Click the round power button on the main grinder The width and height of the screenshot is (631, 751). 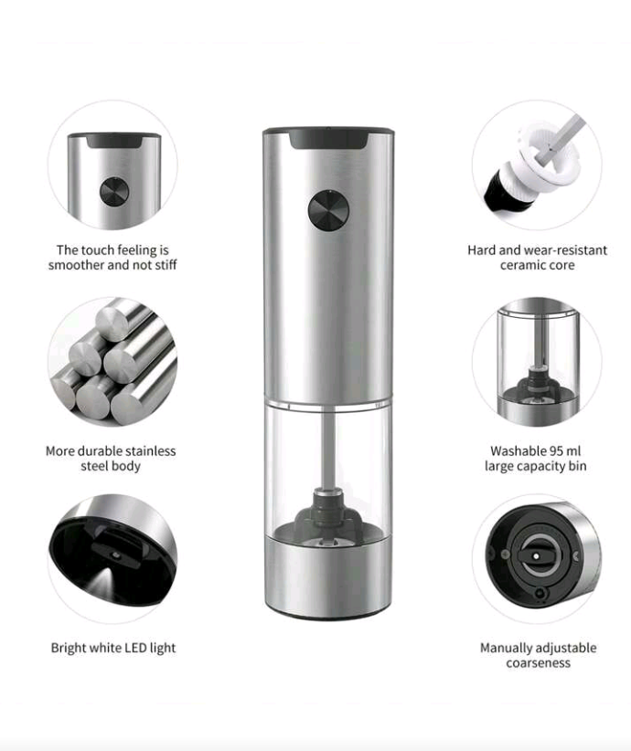click(x=328, y=209)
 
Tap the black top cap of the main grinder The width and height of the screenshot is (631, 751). click(x=328, y=138)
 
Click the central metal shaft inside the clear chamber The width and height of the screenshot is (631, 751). click(x=328, y=448)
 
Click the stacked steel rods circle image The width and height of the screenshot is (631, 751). click(x=112, y=361)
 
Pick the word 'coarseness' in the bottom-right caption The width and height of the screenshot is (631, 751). click(x=538, y=662)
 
